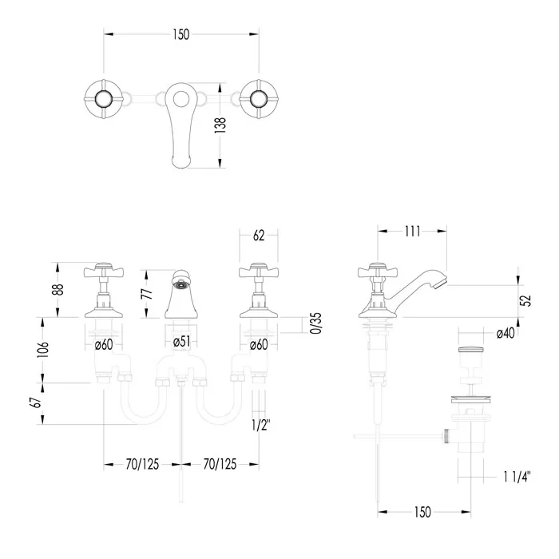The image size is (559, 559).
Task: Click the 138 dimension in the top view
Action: [220, 125]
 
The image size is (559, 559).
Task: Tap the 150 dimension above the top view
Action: [181, 34]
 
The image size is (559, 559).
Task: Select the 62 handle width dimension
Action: [259, 236]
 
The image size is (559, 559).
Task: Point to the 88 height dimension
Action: [59, 289]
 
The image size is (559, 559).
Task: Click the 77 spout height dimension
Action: [148, 293]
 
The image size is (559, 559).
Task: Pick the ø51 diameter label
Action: [182, 342]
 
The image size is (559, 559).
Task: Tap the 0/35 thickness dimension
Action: [316, 323]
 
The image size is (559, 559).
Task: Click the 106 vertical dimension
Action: [43, 350]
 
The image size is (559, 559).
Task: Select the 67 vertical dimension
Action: [38, 402]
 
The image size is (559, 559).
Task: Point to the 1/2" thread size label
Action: [261, 425]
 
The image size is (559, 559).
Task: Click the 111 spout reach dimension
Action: [413, 232]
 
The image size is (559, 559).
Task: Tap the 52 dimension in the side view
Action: [525, 300]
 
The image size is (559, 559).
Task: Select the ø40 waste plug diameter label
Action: [505, 333]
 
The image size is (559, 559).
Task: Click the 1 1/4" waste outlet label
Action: [517, 477]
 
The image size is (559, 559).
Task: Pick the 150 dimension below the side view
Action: [422, 513]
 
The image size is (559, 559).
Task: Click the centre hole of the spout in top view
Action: [181, 98]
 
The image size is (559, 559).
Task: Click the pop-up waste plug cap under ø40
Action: [470, 350]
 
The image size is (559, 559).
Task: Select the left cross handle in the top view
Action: [104, 98]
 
